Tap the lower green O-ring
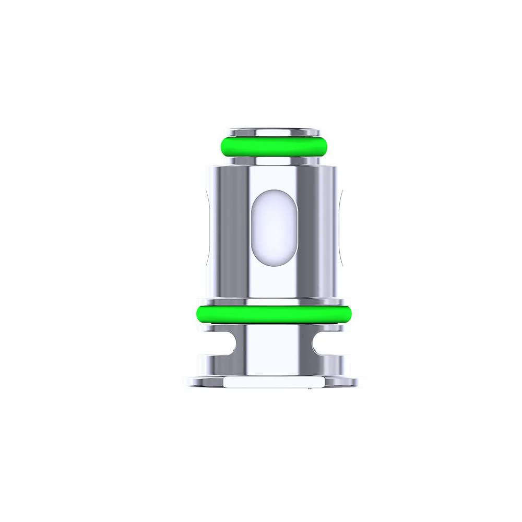[x=274, y=314]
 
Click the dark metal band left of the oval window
[x=235, y=230]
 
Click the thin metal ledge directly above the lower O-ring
[x=274, y=301]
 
